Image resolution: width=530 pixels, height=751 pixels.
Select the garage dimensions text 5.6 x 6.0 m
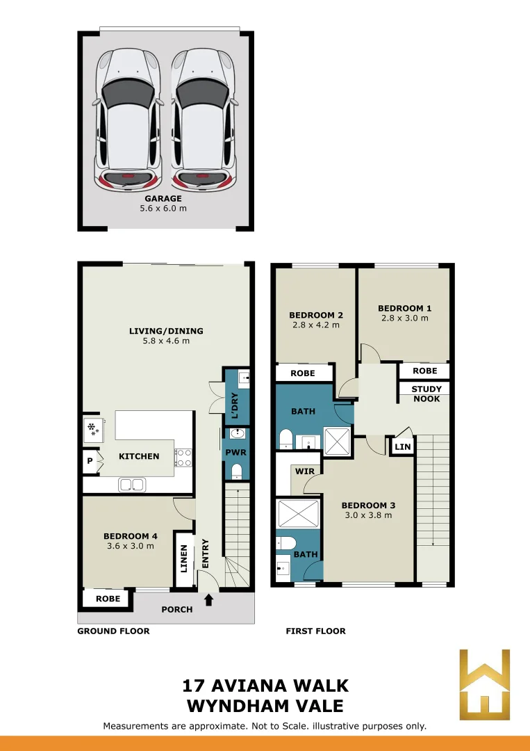(x=163, y=209)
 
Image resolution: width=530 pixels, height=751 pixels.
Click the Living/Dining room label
(x=166, y=330)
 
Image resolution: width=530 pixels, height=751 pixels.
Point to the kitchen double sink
(x=133, y=485)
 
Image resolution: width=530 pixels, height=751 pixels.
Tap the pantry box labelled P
(x=90, y=461)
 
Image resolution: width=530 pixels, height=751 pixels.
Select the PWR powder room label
(x=236, y=452)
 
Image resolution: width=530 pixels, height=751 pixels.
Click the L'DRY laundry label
(x=235, y=405)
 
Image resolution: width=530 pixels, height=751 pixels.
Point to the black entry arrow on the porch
(x=208, y=599)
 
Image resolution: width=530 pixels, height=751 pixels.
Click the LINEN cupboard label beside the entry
(x=183, y=559)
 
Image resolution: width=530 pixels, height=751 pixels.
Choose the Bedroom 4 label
(x=131, y=536)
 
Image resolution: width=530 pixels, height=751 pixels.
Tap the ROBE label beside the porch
(x=108, y=598)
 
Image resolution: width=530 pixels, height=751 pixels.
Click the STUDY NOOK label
(x=427, y=394)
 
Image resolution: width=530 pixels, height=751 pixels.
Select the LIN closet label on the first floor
(x=403, y=446)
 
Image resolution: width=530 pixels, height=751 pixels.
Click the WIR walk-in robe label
(x=305, y=471)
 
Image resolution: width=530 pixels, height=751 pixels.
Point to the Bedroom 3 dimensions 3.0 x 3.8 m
(x=368, y=515)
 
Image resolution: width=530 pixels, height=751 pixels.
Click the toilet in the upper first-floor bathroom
(x=286, y=438)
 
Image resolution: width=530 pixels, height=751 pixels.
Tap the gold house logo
(x=485, y=684)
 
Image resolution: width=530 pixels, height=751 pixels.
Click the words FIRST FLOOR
(x=315, y=631)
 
